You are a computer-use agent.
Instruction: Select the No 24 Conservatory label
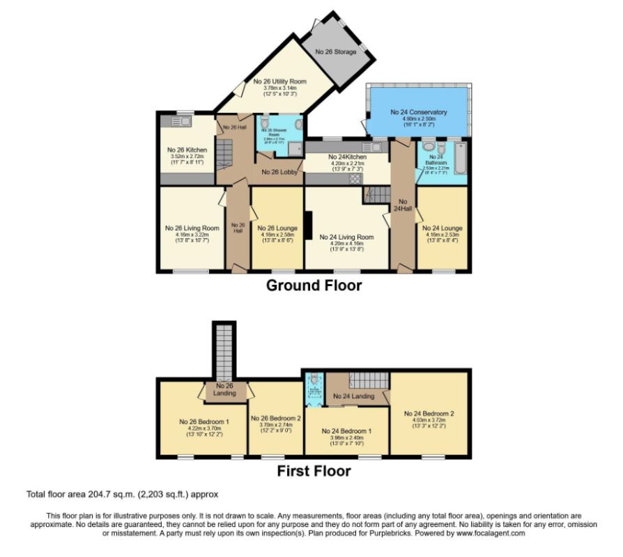pyautogui.click(x=418, y=112)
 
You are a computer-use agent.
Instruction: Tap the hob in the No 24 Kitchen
pyautogui.click(x=355, y=178)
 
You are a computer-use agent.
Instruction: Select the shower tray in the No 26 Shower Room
pyautogui.click(x=295, y=148)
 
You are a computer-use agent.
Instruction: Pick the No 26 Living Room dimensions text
pyautogui.click(x=192, y=237)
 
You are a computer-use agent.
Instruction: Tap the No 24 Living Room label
pyautogui.click(x=346, y=237)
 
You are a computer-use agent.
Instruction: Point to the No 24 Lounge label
pyautogui.click(x=443, y=228)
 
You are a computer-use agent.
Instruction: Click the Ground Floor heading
pyautogui.click(x=314, y=285)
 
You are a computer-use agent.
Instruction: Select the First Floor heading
pyautogui.click(x=314, y=471)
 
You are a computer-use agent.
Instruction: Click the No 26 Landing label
pyautogui.click(x=224, y=389)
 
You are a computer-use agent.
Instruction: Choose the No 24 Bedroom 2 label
pyautogui.click(x=429, y=413)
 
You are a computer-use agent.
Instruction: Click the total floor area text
pyautogui.click(x=122, y=494)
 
